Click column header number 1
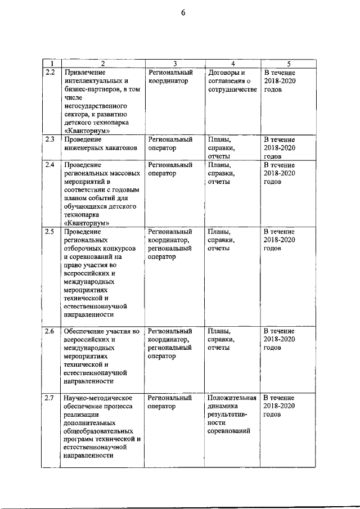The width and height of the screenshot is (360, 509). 51,64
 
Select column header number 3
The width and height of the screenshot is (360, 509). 175,64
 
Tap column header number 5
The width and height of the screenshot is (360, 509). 289,64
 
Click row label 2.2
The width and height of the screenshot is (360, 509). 49,73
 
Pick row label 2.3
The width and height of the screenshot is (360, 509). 49,139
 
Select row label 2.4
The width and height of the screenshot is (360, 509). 49,165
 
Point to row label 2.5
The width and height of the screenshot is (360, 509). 49,232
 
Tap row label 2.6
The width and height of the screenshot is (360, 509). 49,331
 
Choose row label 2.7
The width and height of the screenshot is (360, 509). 49,398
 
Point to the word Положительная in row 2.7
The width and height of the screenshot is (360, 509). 232,398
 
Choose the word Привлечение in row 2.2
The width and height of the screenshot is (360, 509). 85,73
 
